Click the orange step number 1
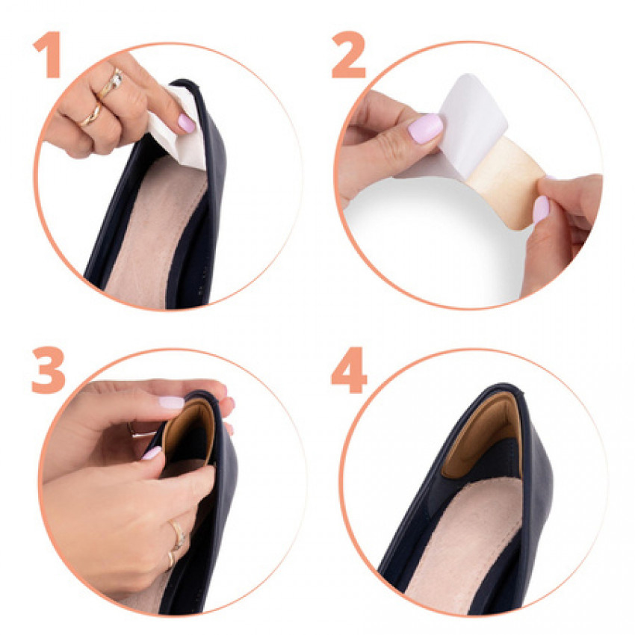(x=49, y=55)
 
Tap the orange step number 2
(x=348, y=55)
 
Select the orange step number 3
(x=49, y=370)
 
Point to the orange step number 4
(x=349, y=370)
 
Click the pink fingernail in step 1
(x=186, y=123)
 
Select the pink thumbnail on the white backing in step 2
(x=425, y=128)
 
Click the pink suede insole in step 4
(x=465, y=542)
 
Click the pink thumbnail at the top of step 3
(x=172, y=402)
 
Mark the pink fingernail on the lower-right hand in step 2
(x=541, y=209)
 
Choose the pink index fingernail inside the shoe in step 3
(x=152, y=453)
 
